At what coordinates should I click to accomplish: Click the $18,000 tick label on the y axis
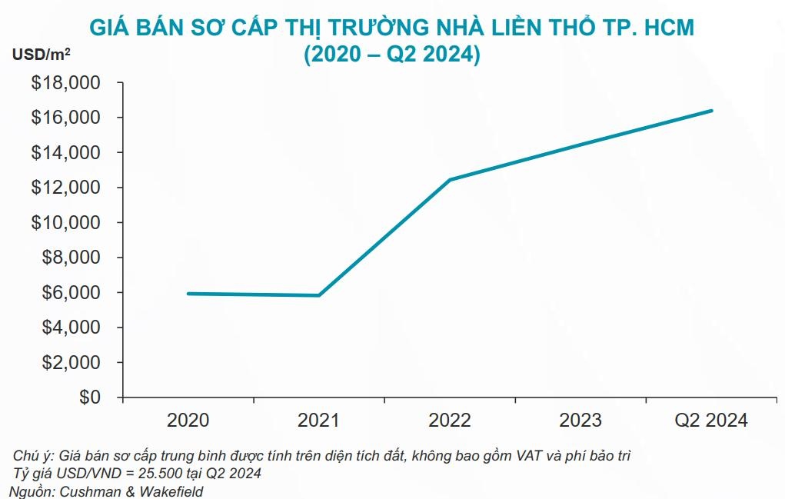(65, 83)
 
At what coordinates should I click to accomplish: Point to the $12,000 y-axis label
(65, 188)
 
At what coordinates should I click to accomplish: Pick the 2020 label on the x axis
(188, 421)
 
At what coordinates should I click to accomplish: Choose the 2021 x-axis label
(318, 421)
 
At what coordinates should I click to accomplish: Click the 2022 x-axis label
(450, 421)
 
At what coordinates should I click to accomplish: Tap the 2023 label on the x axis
(580, 421)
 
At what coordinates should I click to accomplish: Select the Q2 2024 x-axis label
(711, 421)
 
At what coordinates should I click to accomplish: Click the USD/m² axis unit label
(42, 55)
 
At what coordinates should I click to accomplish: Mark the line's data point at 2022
(450, 180)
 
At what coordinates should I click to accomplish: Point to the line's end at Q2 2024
(712, 111)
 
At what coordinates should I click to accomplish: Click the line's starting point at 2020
(188, 294)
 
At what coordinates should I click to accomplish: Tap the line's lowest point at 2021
(318, 295)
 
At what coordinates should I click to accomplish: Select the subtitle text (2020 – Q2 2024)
(392, 55)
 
